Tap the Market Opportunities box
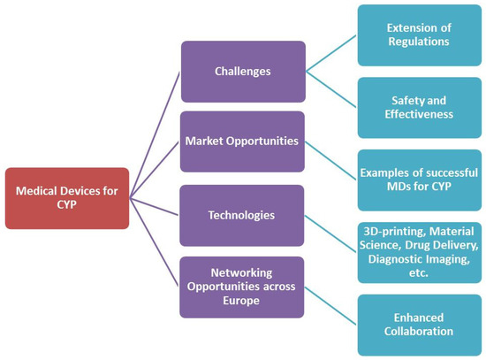point(243,142)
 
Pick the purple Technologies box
point(243,214)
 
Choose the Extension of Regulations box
point(419,34)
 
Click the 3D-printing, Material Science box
point(419,252)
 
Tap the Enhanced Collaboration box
point(419,325)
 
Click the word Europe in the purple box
point(242,302)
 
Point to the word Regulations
point(419,42)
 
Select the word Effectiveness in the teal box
point(419,113)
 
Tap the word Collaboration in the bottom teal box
point(419,332)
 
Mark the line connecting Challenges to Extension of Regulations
point(331,54)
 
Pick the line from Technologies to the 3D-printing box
point(331,232)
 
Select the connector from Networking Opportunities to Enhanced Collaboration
point(331,305)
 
